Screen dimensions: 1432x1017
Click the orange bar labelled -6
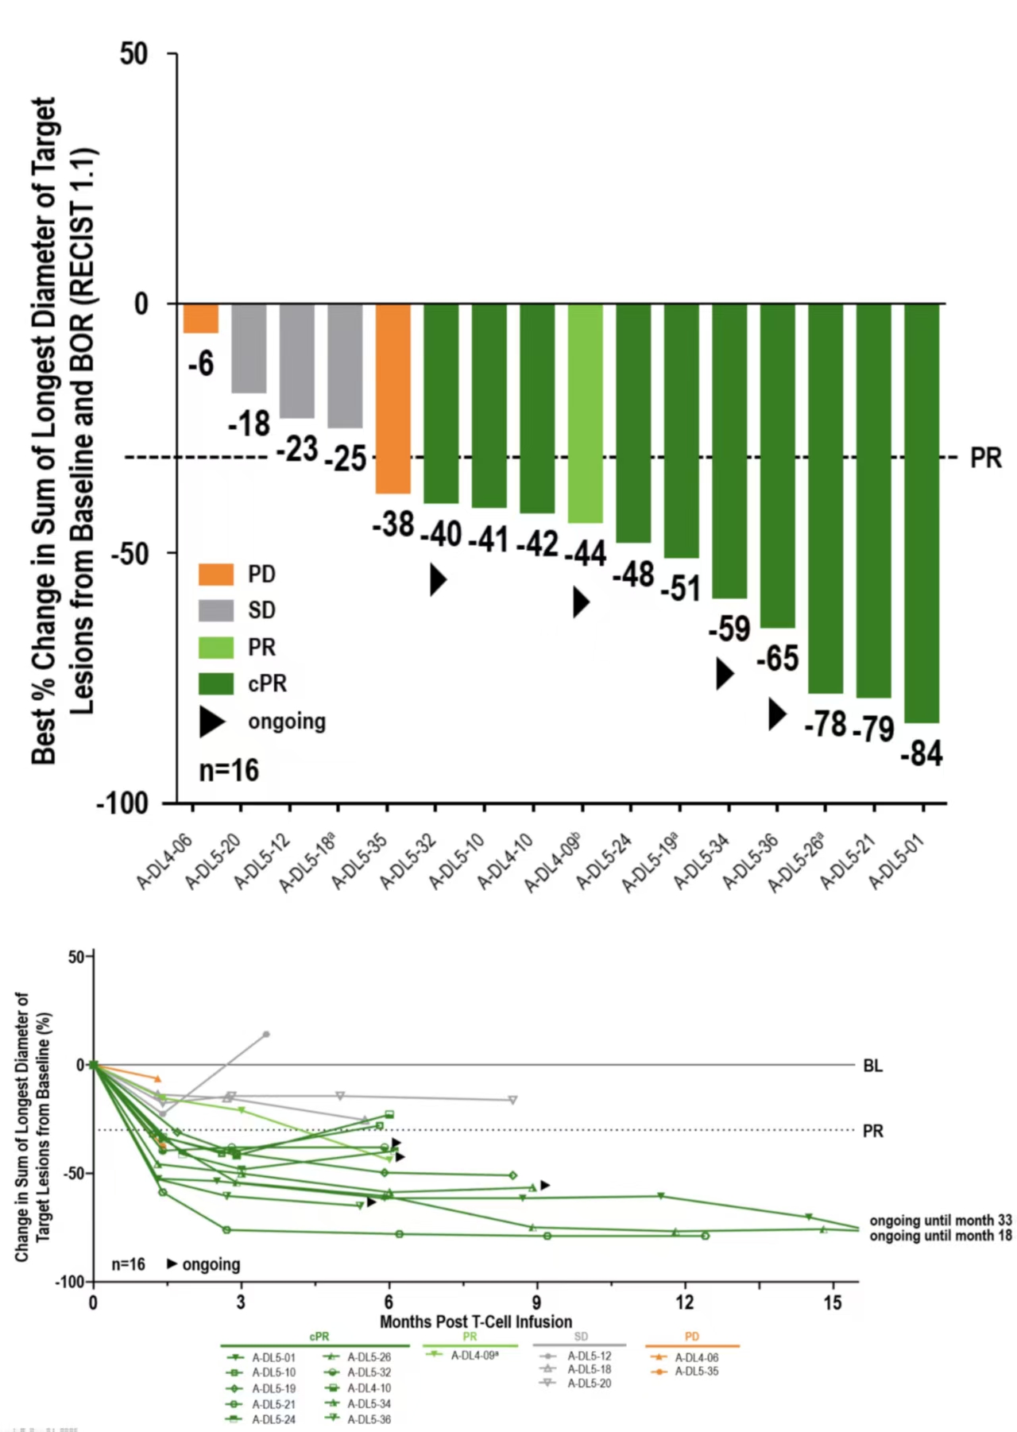200,318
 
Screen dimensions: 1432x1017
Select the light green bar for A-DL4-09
585,413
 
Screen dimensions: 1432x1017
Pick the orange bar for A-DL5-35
392,397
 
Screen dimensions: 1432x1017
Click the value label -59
729,629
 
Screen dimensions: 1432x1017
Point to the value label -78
825,724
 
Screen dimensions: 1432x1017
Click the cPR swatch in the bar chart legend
216,683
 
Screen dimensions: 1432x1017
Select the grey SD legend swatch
216,610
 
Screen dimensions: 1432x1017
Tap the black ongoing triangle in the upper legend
212,722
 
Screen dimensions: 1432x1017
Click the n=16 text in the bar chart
229,770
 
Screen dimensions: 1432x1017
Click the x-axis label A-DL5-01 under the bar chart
896,861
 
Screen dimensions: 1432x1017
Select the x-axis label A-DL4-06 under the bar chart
164,861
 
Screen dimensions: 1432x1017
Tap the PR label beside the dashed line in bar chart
985,459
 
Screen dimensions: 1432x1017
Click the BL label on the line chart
872,1066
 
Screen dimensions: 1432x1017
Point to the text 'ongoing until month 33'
941,1220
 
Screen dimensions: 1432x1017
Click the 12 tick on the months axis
684,1302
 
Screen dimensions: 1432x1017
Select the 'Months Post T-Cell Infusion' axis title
475,1322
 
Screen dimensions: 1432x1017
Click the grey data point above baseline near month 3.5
266,1034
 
